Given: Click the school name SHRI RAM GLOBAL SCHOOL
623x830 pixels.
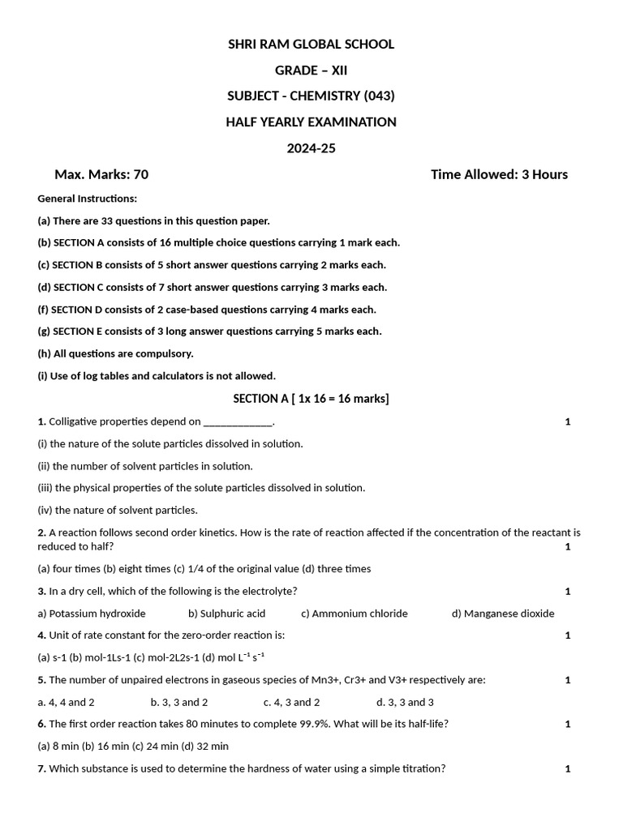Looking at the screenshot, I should (x=311, y=44).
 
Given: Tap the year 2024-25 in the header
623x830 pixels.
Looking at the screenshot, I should (x=311, y=148).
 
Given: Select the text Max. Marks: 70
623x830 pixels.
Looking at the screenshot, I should (x=101, y=174).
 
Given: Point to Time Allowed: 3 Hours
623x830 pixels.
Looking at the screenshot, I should (x=499, y=174).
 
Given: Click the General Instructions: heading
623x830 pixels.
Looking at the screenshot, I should (x=88, y=199).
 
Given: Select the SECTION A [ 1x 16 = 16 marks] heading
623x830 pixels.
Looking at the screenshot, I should (x=311, y=398).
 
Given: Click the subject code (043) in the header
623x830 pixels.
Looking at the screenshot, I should (x=379, y=96).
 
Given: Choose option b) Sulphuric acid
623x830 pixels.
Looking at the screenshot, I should (x=226, y=614).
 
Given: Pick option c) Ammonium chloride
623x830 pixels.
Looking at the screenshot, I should (x=354, y=614).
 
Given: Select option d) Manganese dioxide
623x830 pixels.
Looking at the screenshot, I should (x=503, y=614).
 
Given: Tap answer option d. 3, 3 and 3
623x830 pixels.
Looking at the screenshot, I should (x=405, y=702).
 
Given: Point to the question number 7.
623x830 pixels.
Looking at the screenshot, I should (x=41, y=768).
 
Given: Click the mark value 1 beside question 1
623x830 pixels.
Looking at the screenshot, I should (x=568, y=421).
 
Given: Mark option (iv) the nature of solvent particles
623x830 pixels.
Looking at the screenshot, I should (x=117, y=510).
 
